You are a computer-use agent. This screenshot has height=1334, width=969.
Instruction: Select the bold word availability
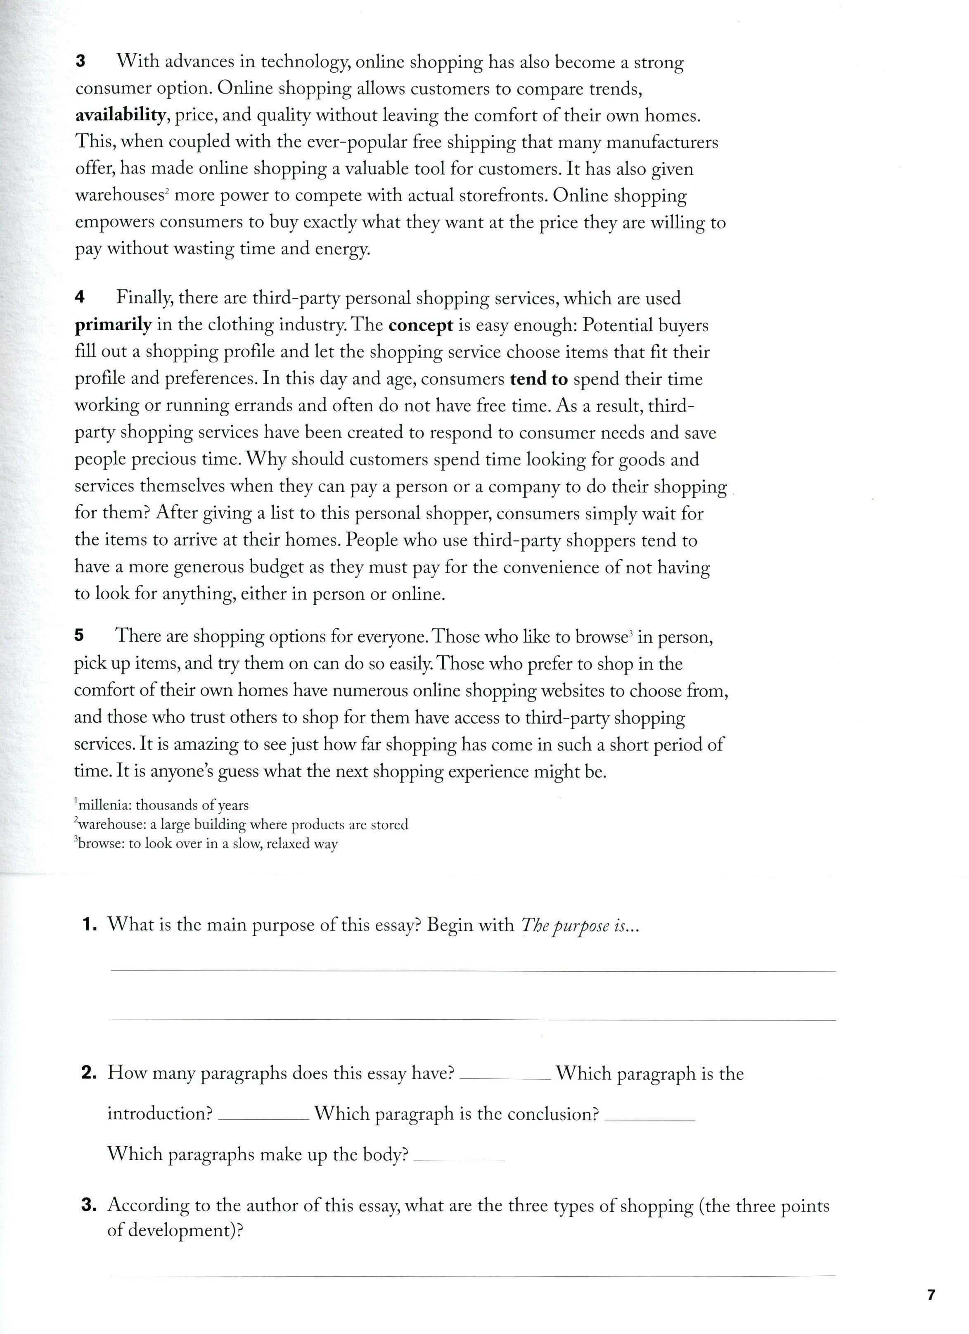pos(120,115)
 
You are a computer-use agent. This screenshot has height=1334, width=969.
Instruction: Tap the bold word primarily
pos(113,325)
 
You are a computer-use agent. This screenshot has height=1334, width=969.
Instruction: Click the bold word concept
pos(421,325)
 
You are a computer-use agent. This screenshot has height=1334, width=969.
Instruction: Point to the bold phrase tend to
pos(539,379)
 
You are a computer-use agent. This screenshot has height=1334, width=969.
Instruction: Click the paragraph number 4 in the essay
pos(80,298)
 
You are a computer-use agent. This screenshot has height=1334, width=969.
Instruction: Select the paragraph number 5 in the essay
pos(79,635)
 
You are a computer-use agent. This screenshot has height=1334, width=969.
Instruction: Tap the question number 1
pos(89,925)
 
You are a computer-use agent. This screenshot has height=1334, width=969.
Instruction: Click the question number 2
pos(89,1073)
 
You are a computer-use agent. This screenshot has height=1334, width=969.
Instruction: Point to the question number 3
pos(89,1205)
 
